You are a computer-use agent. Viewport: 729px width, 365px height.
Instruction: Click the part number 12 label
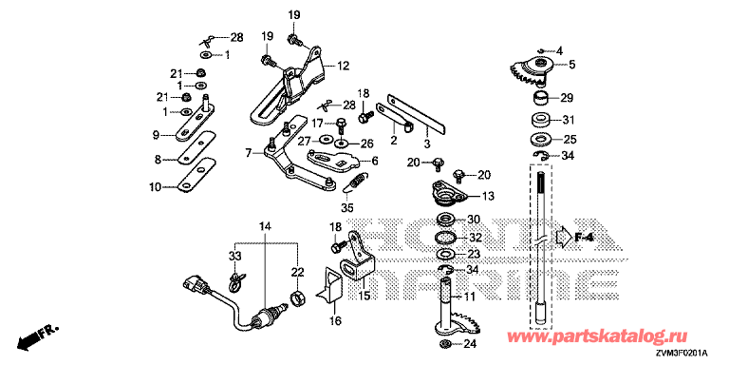click(x=343, y=66)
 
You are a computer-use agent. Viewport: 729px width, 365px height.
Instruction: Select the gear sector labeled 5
click(x=531, y=71)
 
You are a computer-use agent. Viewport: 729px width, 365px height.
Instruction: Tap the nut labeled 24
click(x=444, y=344)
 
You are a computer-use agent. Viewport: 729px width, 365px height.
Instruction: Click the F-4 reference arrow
click(x=564, y=237)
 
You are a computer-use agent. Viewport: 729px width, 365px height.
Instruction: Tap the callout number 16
click(x=335, y=320)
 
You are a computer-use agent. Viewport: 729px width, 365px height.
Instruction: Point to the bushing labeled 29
click(x=539, y=98)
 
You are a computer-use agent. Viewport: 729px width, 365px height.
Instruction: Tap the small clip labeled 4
click(x=541, y=50)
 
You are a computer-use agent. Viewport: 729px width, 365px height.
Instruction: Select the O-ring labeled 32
click(x=445, y=238)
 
